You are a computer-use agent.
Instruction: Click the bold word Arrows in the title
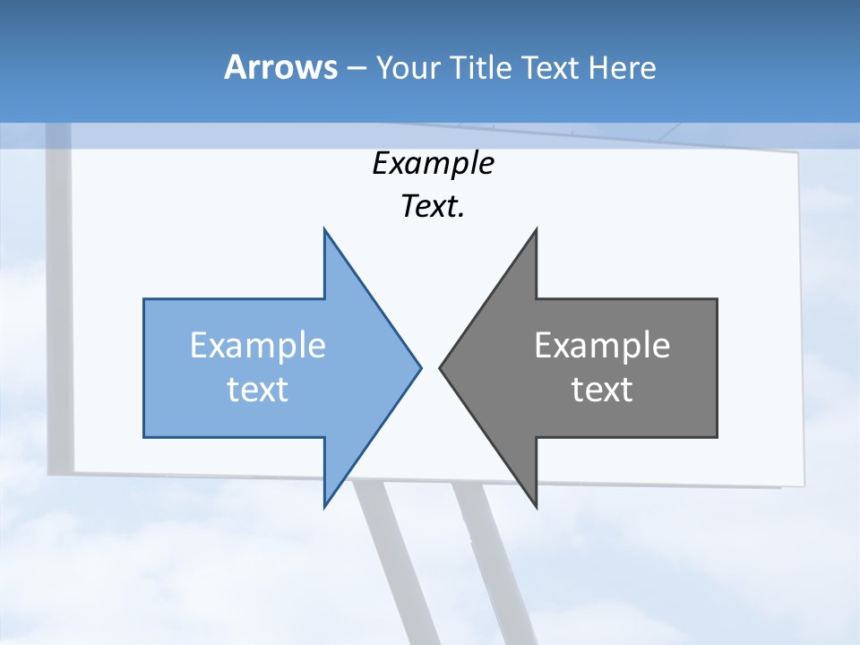(280, 67)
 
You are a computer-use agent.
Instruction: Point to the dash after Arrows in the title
(356, 68)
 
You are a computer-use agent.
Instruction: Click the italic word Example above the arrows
(434, 164)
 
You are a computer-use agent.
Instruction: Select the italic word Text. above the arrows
(434, 206)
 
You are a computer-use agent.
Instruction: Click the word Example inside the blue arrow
(258, 346)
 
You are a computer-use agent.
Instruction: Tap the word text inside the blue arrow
(258, 390)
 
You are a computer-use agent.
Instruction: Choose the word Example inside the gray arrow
(602, 346)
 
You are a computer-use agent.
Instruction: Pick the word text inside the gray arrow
(602, 390)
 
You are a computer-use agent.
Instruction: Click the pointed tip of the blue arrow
(419, 367)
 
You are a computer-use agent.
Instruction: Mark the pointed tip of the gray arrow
(441, 367)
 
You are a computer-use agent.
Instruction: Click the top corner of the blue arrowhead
(325, 231)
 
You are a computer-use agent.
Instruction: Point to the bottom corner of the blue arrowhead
(325, 505)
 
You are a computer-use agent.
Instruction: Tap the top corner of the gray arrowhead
(536, 231)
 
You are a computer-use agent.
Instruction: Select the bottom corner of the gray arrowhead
(536, 505)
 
